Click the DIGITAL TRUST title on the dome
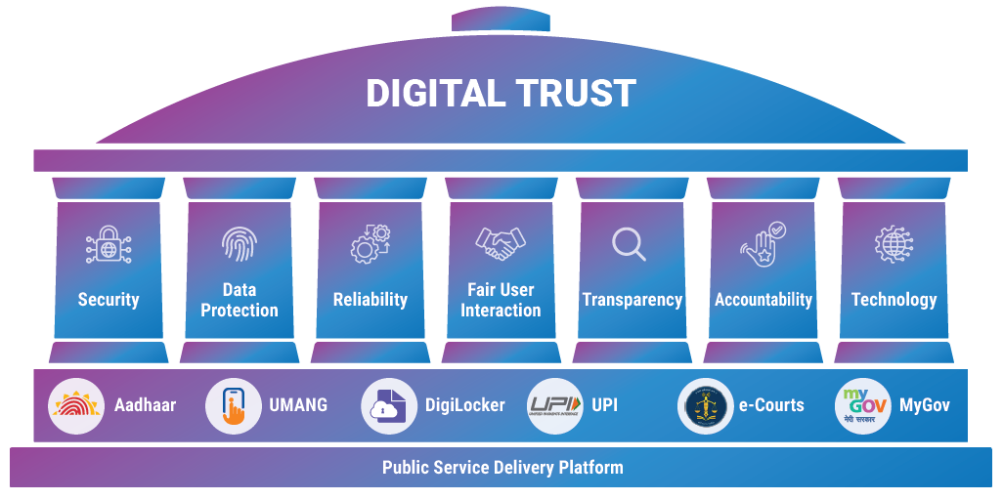501,94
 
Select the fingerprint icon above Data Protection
239,243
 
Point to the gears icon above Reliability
371,244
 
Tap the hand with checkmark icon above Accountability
763,244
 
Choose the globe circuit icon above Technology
893,244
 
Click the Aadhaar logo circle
76,405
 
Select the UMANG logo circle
234,405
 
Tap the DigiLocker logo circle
389,405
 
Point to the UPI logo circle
555,405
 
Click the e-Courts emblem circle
705,405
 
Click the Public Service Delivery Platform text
501,467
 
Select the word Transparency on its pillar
632,300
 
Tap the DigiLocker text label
464,405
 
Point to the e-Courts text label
771,405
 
